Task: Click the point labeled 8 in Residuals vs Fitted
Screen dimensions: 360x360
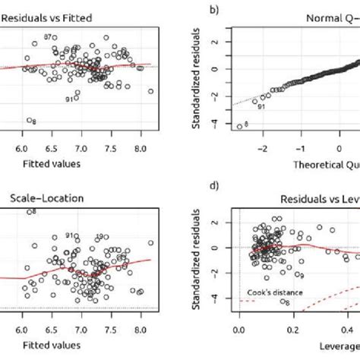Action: click(28, 120)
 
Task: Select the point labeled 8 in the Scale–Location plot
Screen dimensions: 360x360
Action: click(29, 212)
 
